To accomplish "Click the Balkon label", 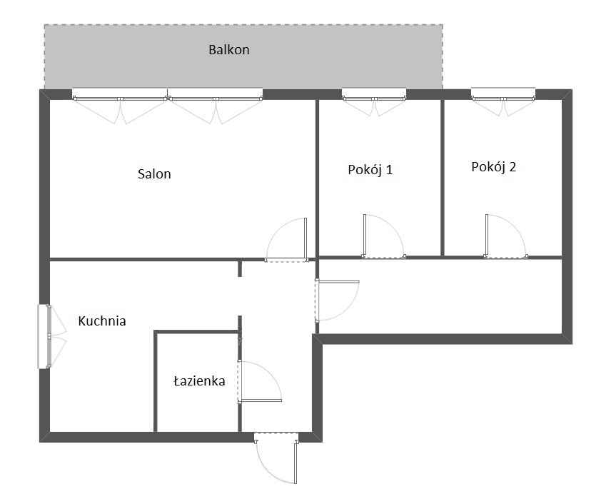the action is pos(228,49).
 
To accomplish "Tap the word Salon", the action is pos(154,173).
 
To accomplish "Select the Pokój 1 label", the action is pos(370,169).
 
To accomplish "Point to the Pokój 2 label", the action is pos(493,166).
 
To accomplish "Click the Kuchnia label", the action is pos(102,321).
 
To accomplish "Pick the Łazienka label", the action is pos(199,380).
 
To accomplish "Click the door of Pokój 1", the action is pos(365,236).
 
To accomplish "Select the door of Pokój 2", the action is pos(487,236).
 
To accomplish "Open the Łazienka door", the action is pos(259,400).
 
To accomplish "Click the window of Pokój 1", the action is pos(374,99).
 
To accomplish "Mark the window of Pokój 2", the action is pos(503,99).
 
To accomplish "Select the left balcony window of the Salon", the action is pos(120,99).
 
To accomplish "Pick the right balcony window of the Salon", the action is pos(216,99).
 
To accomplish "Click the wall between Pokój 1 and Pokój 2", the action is pos(443,178).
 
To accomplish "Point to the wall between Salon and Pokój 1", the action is pos(317,178).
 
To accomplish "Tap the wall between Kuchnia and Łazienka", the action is pos(155,381).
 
